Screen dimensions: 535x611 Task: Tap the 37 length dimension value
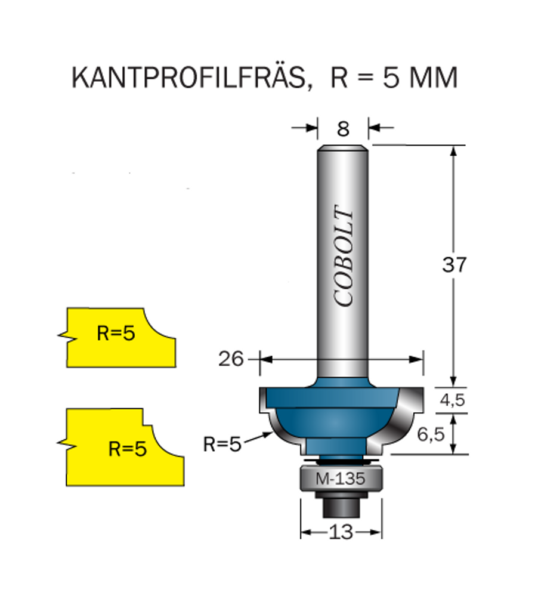pyautogui.click(x=454, y=264)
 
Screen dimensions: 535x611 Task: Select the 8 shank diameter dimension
pyautogui.click(x=343, y=129)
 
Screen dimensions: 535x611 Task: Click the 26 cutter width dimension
pyautogui.click(x=230, y=359)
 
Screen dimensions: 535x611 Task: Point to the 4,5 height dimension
pyautogui.click(x=453, y=399)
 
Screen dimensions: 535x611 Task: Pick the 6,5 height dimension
pyautogui.click(x=431, y=434)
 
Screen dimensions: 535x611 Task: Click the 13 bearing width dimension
pyautogui.click(x=341, y=532)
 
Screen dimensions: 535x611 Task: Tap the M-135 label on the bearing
pyautogui.click(x=341, y=479)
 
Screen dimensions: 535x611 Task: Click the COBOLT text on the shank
pyautogui.click(x=344, y=255)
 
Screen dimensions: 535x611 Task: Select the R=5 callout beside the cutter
pyautogui.click(x=222, y=444)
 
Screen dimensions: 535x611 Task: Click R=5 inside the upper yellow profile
pyautogui.click(x=116, y=333)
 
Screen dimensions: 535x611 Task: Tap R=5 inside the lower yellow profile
pyautogui.click(x=127, y=449)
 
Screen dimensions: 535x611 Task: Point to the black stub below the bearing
pyautogui.click(x=341, y=508)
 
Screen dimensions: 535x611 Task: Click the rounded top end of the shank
pyautogui.click(x=342, y=149)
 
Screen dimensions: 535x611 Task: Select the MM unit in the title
pyautogui.click(x=433, y=78)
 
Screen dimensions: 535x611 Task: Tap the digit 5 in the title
pyautogui.click(x=390, y=78)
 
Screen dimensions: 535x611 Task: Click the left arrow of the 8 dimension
pyautogui.click(x=305, y=128)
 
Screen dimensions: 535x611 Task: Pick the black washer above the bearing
pyautogui.click(x=341, y=461)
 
